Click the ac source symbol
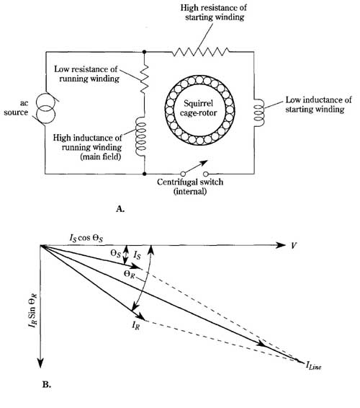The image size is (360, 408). [x=46, y=110]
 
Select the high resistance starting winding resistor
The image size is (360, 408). [x=200, y=52]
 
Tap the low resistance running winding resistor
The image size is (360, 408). [x=145, y=79]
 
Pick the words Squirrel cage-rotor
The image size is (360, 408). [x=198, y=108]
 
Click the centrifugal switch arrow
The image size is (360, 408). [x=197, y=166]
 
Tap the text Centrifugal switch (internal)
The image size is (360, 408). [x=190, y=186]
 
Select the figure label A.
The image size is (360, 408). [x=120, y=208]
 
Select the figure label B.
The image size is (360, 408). [x=46, y=385]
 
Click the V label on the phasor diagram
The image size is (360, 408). [x=294, y=245]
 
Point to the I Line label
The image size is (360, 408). [x=313, y=366]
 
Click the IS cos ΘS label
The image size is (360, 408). [x=86, y=238]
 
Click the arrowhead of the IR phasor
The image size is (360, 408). [x=141, y=316]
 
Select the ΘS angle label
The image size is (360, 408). [x=116, y=254]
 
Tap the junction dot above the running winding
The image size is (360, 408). [x=145, y=52]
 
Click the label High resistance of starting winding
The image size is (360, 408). [x=214, y=12]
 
